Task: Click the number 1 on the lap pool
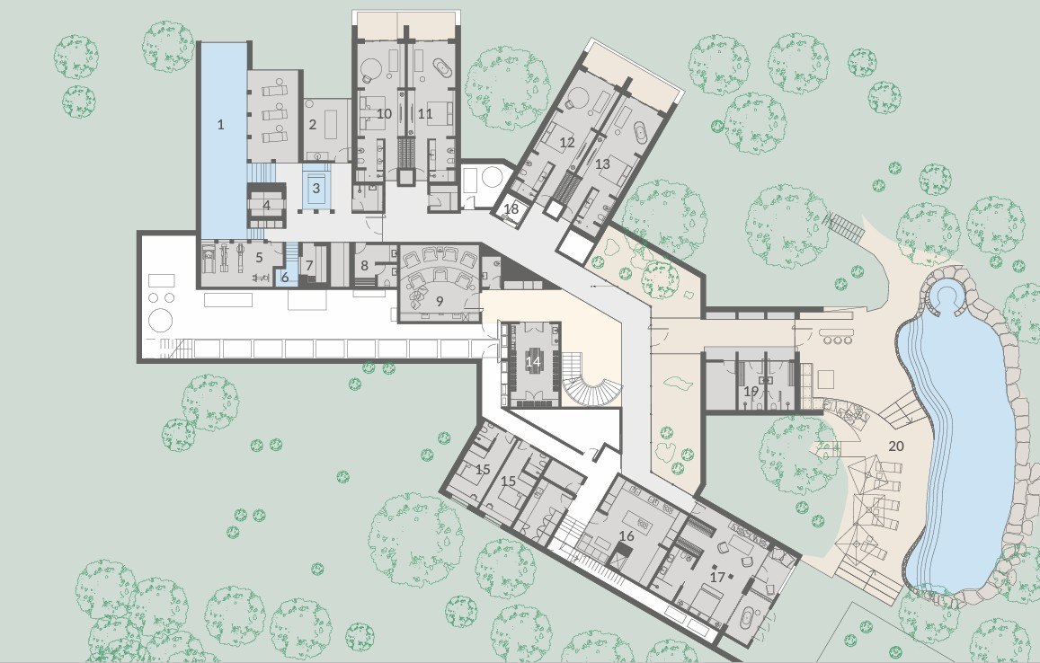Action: coord(221,124)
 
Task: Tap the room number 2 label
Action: coord(313,124)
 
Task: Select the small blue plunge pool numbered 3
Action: coord(316,188)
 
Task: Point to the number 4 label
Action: coord(267,206)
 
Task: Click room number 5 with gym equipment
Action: coord(260,257)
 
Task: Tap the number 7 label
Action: coord(309,265)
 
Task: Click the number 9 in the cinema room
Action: coord(439,300)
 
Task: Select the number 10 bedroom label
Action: coord(384,113)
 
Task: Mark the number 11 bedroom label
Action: coord(425,113)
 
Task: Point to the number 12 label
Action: coord(566,142)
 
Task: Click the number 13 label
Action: coord(602,164)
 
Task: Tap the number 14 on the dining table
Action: coord(534,361)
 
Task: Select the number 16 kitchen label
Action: coord(627,535)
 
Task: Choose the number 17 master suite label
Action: coord(717,576)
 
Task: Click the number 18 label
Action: coord(511,208)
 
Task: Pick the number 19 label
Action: coord(751,391)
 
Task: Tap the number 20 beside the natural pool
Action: coord(896,446)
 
